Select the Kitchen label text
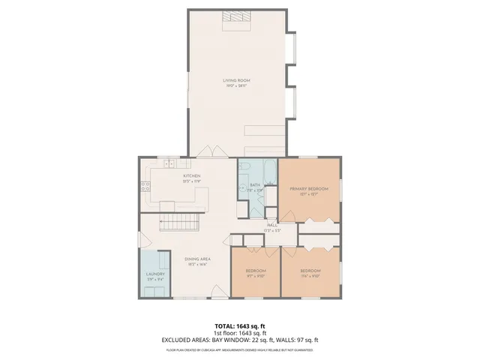[192, 176]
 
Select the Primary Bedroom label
[308, 189]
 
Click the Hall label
[271, 225]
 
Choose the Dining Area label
[197, 259]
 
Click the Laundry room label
[155, 274]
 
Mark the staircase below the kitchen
[180, 222]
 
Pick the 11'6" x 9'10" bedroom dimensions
[310, 275]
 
